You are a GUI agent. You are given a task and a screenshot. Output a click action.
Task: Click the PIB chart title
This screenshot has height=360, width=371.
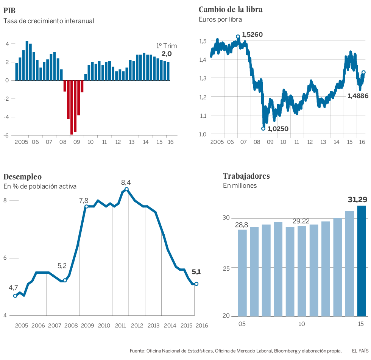click(9, 10)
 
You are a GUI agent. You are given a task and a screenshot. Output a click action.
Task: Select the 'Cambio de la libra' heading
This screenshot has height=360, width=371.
click(230, 9)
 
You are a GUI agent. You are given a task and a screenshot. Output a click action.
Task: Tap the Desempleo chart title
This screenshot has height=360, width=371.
click(22, 176)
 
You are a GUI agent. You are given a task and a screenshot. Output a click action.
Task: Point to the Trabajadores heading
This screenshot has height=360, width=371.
click(246, 176)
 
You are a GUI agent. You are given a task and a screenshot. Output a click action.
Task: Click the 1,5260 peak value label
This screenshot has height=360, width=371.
click(252, 35)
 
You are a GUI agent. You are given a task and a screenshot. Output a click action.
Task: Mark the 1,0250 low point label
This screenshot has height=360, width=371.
click(278, 129)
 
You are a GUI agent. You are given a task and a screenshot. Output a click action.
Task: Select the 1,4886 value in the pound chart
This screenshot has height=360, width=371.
click(358, 96)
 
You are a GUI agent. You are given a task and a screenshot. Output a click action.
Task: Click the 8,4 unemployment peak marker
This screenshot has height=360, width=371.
click(127, 189)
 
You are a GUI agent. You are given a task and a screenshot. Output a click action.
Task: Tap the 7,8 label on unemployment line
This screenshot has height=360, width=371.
click(84, 201)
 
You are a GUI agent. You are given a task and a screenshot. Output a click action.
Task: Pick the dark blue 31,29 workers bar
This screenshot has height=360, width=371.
click(362, 261)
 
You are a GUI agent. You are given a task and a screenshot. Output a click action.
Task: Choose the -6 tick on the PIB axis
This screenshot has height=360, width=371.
click(7, 135)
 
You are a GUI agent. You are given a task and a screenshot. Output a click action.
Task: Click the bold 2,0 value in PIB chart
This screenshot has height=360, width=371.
click(167, 54)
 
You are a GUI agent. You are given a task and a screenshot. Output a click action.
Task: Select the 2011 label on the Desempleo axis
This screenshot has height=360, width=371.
click(120, 325)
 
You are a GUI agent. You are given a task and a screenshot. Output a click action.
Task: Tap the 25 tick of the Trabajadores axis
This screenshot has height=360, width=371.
click(227, 268)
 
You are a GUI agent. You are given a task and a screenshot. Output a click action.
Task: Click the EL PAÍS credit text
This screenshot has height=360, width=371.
click(360, 351)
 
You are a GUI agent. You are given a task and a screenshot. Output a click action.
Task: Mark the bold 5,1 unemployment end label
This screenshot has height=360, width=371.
click(196, 271)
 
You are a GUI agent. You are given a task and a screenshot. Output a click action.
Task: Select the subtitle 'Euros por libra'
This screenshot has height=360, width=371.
click(220, 19)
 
